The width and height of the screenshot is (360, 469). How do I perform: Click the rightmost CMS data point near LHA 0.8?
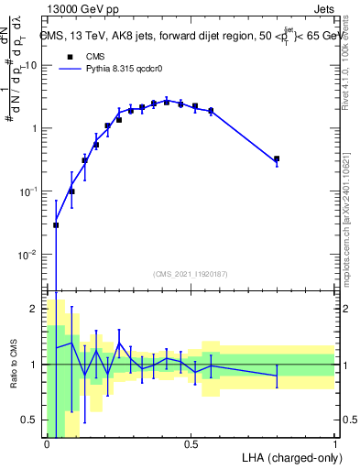point(277,159)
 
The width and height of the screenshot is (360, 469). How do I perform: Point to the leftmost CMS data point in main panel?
point(56,224)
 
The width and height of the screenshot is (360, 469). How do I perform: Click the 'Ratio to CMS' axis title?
point(13,365)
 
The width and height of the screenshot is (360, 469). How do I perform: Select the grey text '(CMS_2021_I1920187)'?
point(191,274)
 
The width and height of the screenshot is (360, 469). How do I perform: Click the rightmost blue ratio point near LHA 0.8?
point(277,376)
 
